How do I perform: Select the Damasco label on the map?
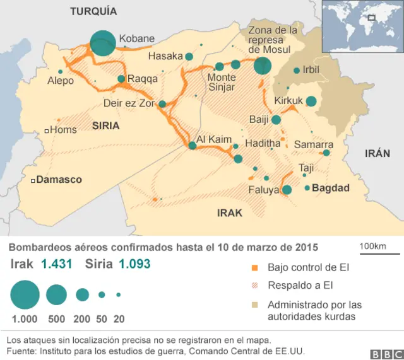tap(59, 180)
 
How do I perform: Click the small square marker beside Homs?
tap(47, 131)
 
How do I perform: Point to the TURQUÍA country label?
tap(93, 11)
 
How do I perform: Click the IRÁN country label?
tap(377, 153)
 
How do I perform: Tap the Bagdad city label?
tap(331, 188)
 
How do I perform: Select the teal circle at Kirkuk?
tap(311, 101)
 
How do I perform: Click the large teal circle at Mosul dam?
tap(263, 65)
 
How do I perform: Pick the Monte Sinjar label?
tap(222, 82)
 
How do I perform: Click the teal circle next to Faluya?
tap(287, 190)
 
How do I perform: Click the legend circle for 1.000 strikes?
tap(25, 294)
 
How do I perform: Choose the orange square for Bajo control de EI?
tap(255, 268)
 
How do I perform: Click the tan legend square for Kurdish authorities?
tap(255, 305)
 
